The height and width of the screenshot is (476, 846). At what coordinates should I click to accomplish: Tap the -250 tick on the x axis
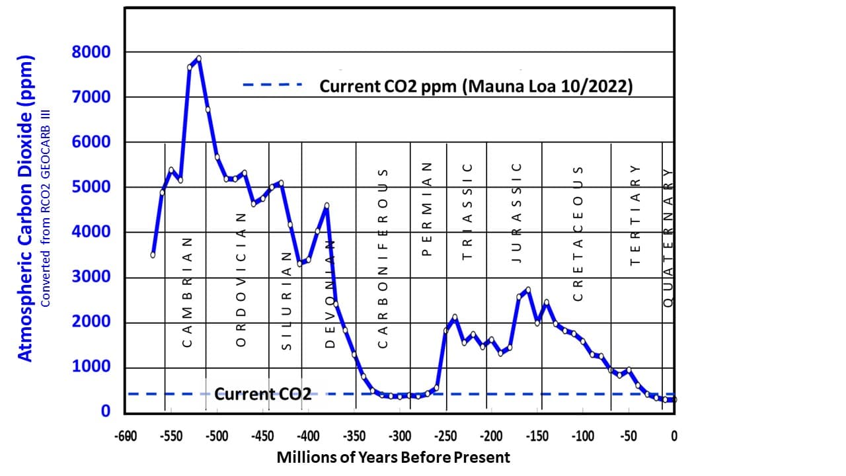click(445, 436)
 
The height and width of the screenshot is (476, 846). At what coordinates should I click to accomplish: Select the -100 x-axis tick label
click(582, 436)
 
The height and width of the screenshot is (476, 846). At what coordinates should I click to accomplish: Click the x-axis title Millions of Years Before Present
click(393, 457)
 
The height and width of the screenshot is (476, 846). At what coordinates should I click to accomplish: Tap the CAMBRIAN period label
click(187, 292)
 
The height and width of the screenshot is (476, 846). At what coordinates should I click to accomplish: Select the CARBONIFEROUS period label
click(382, 257)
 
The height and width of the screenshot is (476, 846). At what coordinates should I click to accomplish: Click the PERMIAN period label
click(426, 210)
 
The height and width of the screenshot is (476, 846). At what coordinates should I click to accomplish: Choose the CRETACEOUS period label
click(578, 233)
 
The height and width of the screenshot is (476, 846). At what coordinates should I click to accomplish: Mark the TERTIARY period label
click(635, 216)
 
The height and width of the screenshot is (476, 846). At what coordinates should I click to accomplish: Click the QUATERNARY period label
click(668, 235)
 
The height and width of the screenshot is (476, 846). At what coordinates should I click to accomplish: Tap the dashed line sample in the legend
click(272, 85)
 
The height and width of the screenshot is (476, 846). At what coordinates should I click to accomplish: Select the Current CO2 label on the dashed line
click(263, 395)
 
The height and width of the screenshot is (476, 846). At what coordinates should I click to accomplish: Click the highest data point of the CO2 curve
click(198, 58)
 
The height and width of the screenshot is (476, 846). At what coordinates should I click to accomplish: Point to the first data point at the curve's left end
click(153, 255)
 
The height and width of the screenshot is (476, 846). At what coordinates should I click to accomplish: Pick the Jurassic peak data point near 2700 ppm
click(527, 290)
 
